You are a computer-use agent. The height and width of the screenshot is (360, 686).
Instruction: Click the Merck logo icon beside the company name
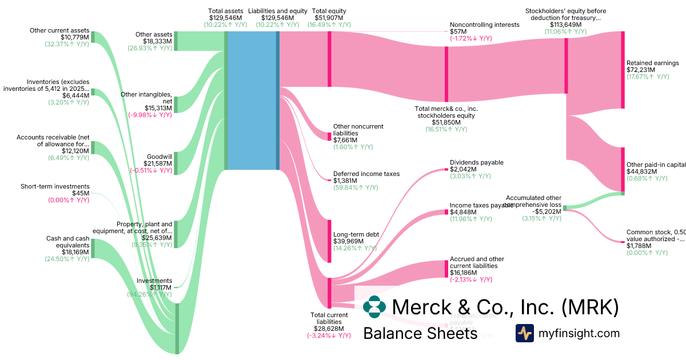coord(374,307)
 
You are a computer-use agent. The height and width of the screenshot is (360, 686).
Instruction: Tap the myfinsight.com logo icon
coord(525,333)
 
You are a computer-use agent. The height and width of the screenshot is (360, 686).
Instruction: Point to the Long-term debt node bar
coord(329,241)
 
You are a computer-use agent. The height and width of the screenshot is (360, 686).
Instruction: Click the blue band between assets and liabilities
coord(252,100)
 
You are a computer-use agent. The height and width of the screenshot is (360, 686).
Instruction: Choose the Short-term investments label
coord(55,186)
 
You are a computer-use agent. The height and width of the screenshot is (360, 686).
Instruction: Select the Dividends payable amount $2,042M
coord(463,169)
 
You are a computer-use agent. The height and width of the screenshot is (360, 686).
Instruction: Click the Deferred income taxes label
coord(366,174)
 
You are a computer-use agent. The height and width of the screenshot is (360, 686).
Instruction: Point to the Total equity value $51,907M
coord(329,18)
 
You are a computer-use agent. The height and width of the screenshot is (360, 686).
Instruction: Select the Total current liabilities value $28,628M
coord(329,329)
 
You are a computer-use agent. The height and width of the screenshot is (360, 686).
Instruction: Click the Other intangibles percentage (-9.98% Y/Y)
coord(150,114)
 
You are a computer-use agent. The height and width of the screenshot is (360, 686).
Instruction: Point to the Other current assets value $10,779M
coord(74,37)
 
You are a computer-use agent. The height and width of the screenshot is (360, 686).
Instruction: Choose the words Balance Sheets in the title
coord(420,333)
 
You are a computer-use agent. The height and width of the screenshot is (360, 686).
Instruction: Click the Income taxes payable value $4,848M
coord(463,212)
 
